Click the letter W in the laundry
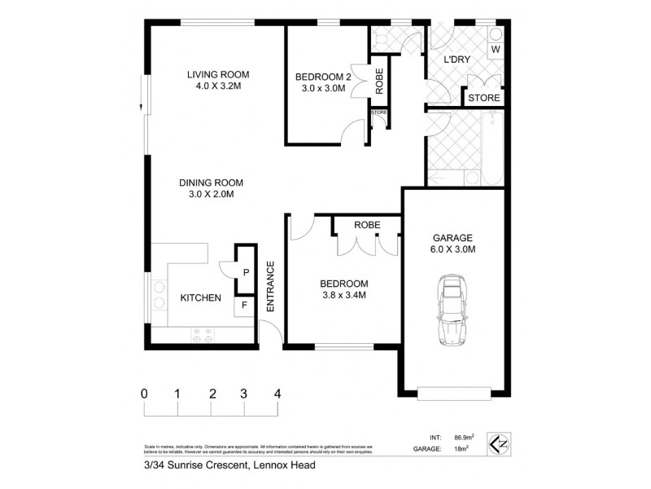click(496, 50)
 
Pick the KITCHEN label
click(200, 298)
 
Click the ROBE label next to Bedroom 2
click(379, 80)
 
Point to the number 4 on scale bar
click(278, 393)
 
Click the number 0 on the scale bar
click(144, 393)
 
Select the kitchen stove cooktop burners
click(201, 333)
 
